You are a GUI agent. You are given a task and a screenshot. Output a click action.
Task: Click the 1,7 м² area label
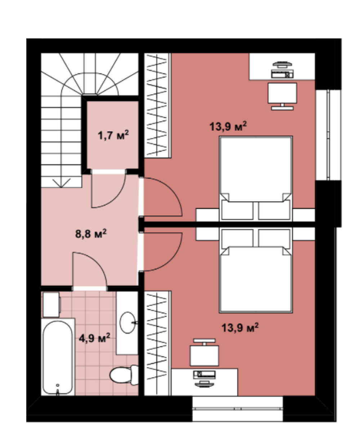[113, 135]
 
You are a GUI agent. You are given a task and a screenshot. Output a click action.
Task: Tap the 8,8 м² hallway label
[91, 234]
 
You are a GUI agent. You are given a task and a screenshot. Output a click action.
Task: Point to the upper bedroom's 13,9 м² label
[228, 126]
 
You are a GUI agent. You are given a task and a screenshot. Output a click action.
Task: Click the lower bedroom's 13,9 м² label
[240, 328]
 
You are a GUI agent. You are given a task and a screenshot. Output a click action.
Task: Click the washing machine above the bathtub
[52, 305]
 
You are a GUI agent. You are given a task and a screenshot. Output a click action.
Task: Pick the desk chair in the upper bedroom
[283, 96]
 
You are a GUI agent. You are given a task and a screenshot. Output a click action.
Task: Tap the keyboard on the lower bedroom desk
[204, 375]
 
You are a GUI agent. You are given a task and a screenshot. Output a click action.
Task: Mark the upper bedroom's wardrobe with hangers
[157, 105]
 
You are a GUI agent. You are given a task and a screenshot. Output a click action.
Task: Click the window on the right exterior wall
[328, 135]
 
